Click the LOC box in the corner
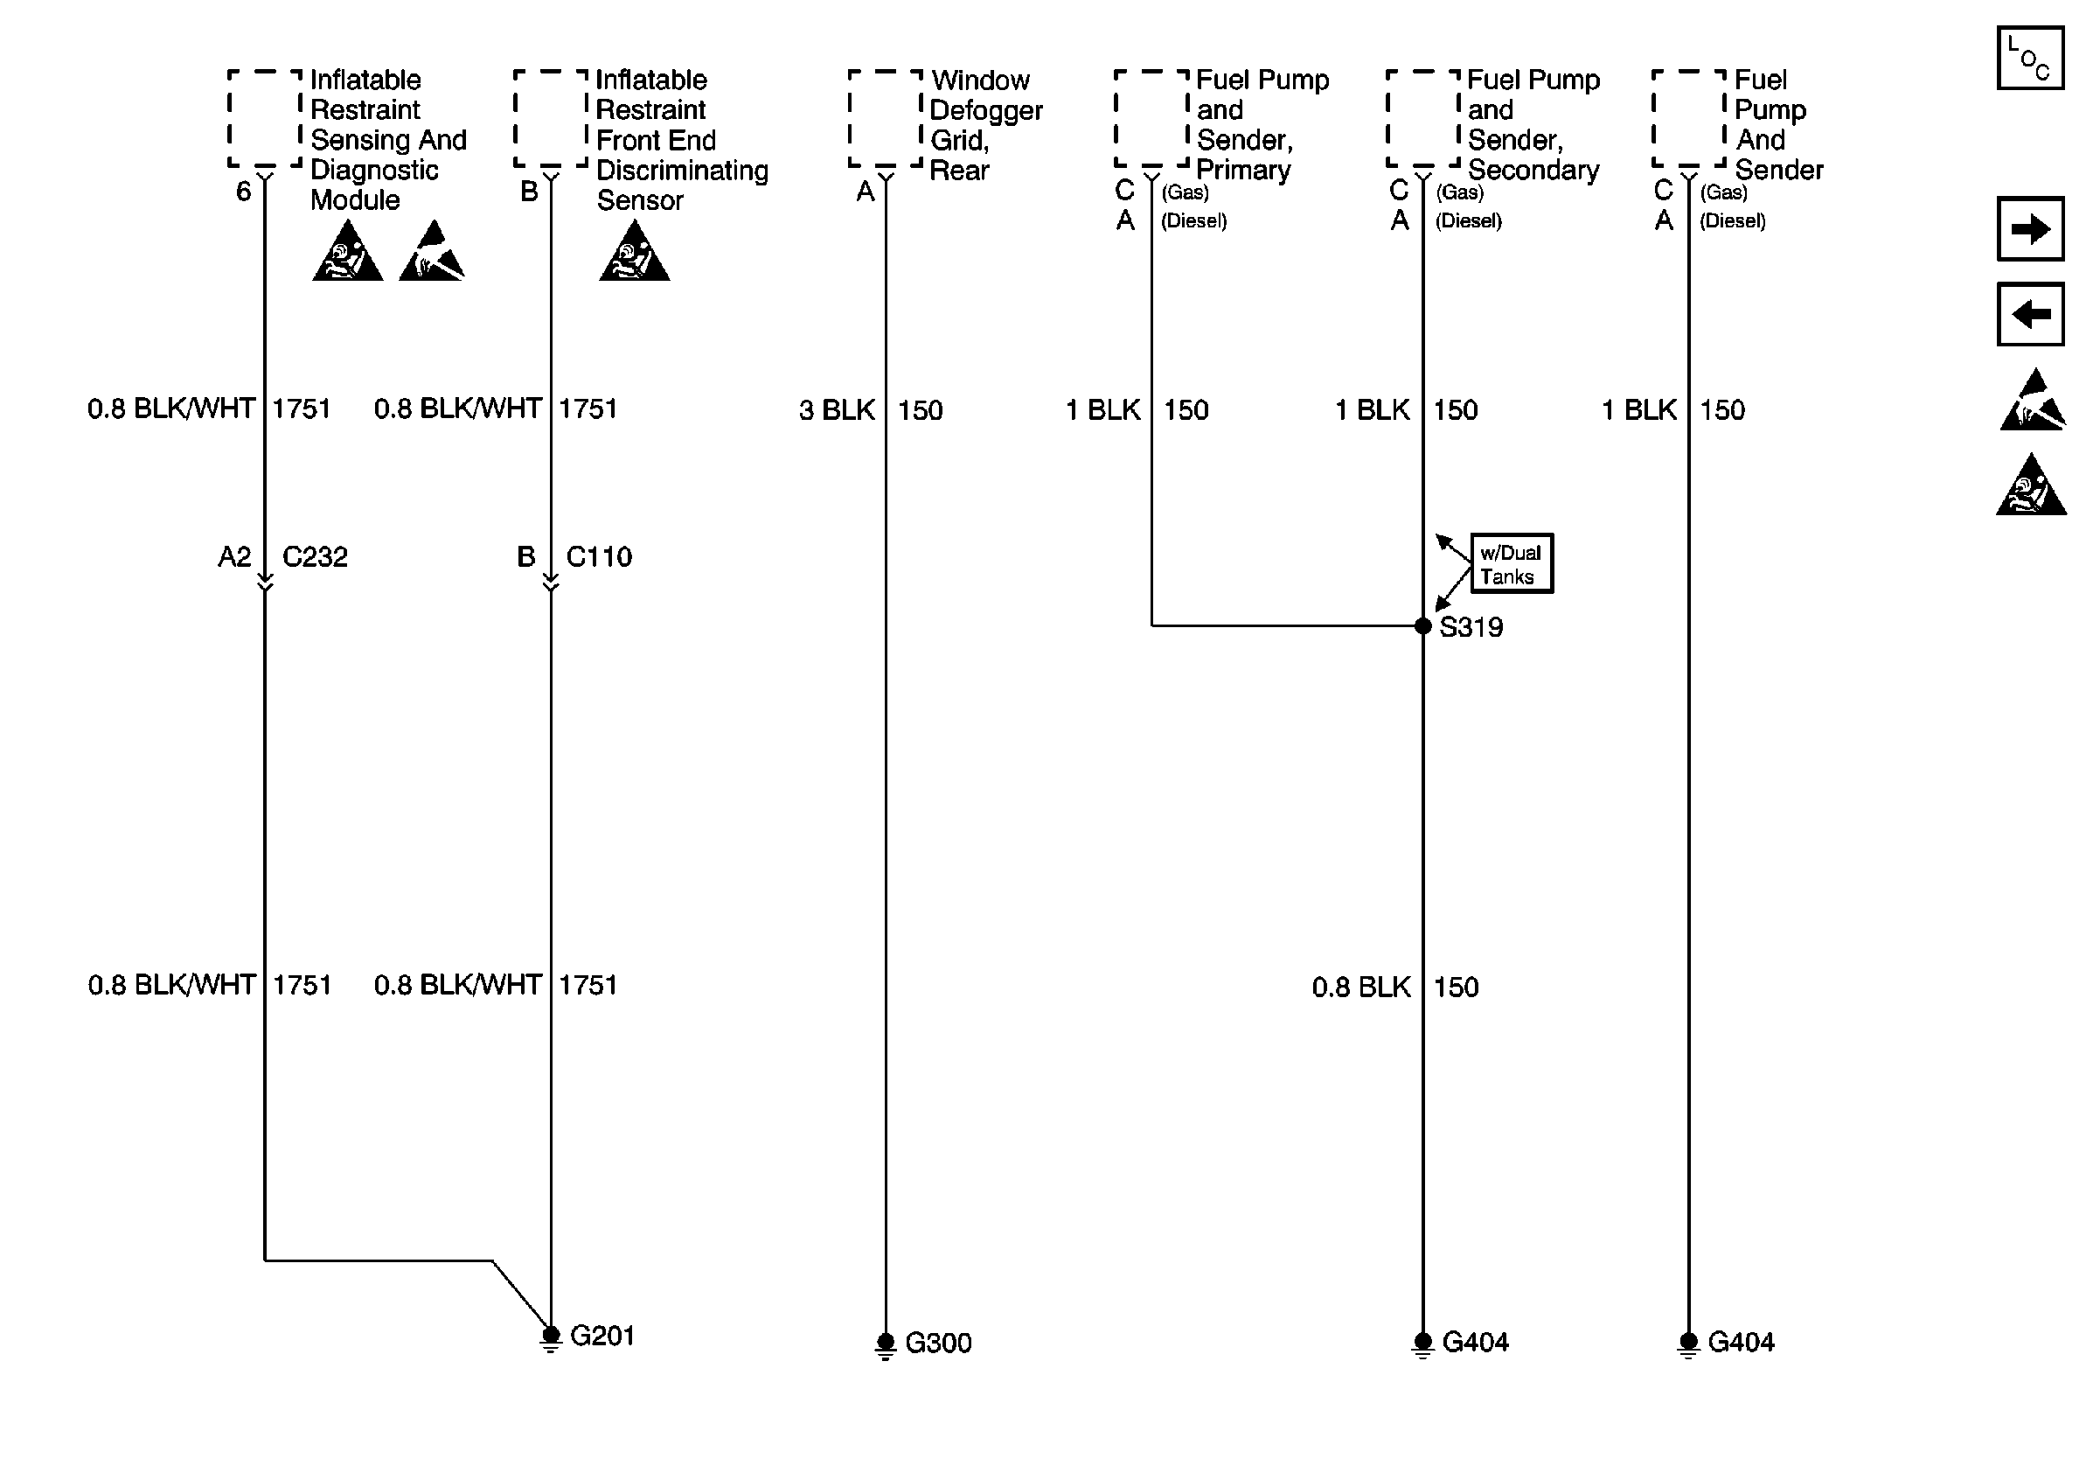2029,59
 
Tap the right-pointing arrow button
2029,228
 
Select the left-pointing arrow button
2029,315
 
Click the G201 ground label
601,1336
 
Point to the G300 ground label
937,1343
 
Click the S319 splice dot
1422,625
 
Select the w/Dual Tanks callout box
1511,563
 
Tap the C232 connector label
315,557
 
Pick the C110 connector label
599,557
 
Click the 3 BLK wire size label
837,410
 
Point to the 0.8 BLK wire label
1361,988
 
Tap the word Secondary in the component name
1533,171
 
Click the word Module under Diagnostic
355,200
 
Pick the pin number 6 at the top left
243,192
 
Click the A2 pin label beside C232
234,557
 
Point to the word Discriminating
682,171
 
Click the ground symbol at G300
886,1346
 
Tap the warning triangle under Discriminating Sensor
634,254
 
